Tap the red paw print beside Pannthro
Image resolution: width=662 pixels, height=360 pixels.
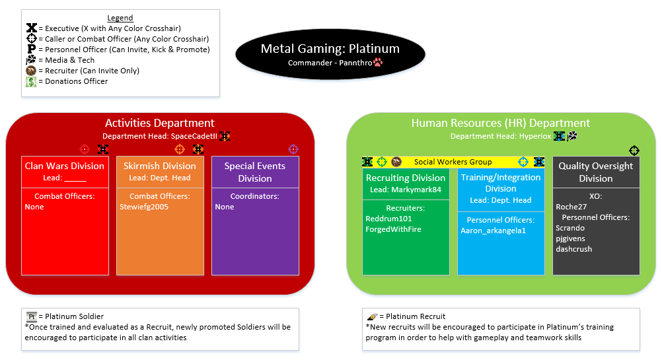click(x=379, y=63)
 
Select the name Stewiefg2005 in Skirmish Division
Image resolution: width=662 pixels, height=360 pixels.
click(x=144, y=207)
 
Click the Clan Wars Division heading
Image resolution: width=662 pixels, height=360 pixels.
click(x=65, y=166)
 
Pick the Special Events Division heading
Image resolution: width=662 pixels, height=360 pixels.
click(x=255, y=172)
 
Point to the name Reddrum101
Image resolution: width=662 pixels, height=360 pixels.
click(x=388, y=219)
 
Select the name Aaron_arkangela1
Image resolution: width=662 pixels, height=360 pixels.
click(x=493, y=231)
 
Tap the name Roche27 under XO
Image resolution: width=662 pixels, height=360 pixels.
click(x=570, y=207)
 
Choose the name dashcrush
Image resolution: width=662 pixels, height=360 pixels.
click(x=574, y=249)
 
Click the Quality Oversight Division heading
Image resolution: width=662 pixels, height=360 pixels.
click(x=596, y=172)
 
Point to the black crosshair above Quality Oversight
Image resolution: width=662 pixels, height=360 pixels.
click(x=634, y=150)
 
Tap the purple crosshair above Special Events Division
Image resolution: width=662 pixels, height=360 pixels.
click(x=293, y=149)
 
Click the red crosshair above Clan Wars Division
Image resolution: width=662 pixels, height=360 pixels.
click(x=84, y=149)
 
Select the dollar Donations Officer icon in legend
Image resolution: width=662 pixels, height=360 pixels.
click(x=31, y=81)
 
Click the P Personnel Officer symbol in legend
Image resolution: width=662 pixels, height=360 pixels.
click(x=31, y=50)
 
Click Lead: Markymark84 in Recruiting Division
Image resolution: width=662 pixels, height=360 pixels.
click(x=406, y=190)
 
